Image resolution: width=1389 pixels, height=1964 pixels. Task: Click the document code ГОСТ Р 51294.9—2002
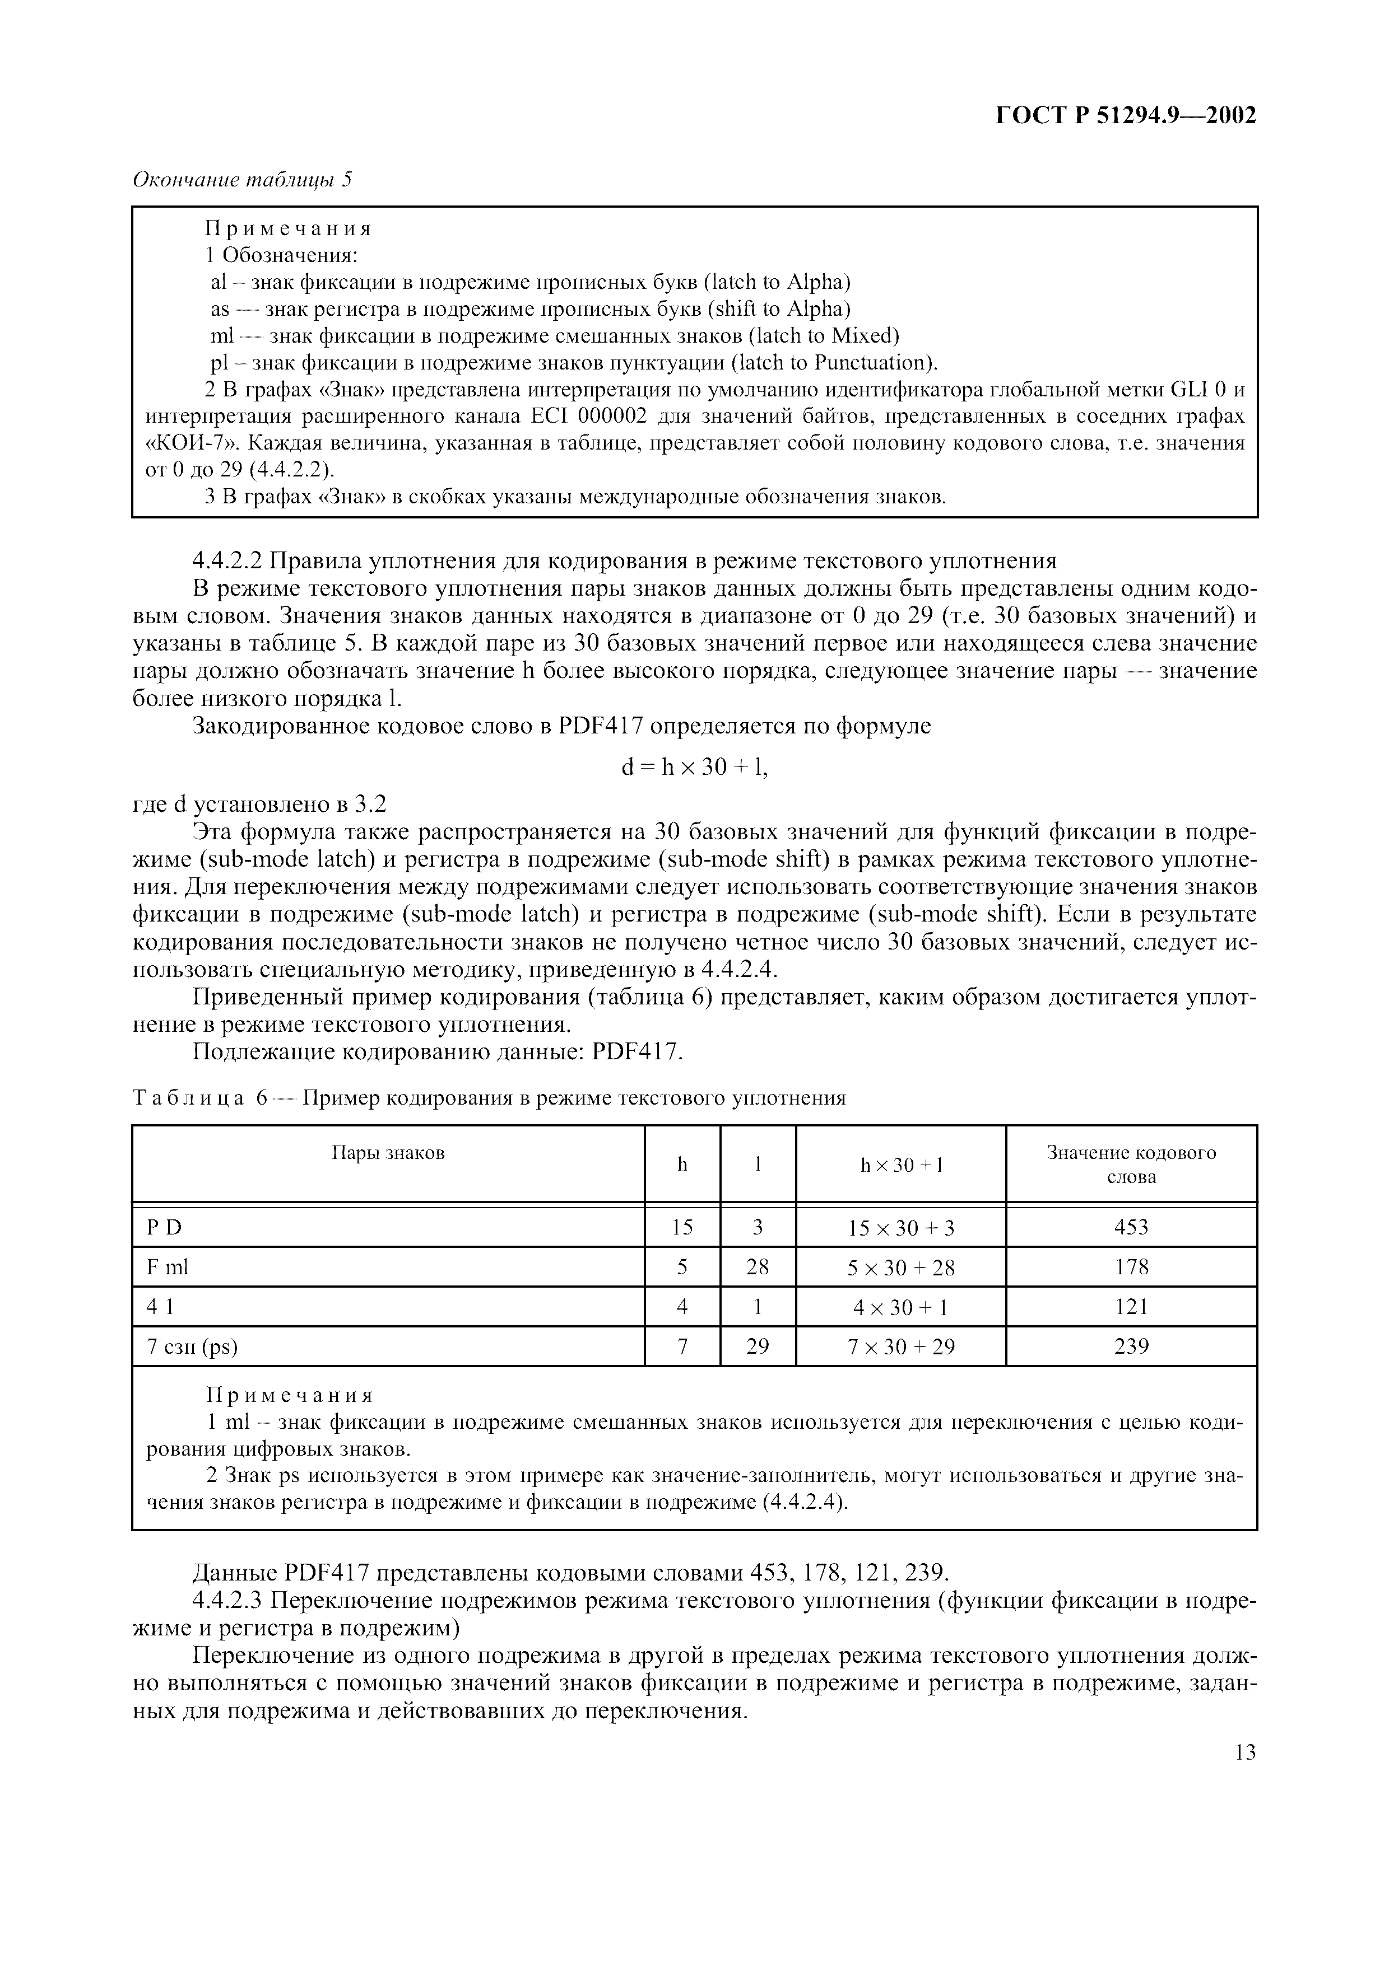point(1126,115)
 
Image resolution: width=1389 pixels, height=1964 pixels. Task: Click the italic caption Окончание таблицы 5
point(242,180)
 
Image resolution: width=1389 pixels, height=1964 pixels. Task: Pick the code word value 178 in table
point(1131,1267)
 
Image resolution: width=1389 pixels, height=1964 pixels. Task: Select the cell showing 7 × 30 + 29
point(900,1347)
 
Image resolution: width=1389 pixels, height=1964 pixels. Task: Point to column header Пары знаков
point(388,1152)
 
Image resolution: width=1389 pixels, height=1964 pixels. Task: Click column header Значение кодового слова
point(1131,1164)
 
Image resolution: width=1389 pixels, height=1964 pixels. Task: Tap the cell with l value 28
point(758,1267)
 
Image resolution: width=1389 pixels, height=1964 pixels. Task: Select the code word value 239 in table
point(1131,1347)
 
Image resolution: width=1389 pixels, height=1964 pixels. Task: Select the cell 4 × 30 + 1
point(900,1307)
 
